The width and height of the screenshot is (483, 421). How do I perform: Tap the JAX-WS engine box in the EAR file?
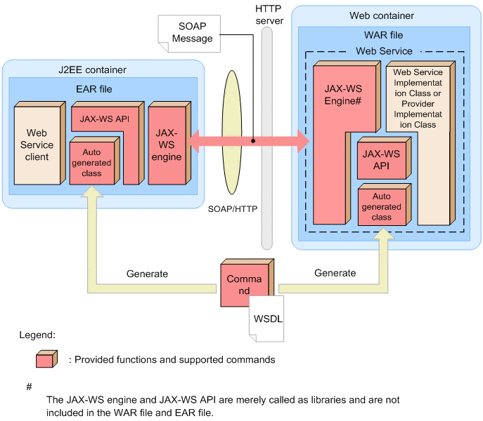point(166,144)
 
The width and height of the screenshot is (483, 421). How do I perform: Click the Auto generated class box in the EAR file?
point(91,162)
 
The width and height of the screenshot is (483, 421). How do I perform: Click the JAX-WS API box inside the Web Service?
point(381,160)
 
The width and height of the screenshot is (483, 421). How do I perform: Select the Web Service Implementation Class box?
point(418,98)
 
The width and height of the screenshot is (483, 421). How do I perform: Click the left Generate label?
point(147,273)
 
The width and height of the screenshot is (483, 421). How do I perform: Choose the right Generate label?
point(335,273)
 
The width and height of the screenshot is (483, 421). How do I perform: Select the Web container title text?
point(382,15)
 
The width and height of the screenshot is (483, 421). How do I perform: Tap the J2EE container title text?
point(92,69)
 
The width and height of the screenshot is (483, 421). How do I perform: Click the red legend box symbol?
point(46,359)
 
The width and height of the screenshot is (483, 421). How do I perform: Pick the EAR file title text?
point(94,89)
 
